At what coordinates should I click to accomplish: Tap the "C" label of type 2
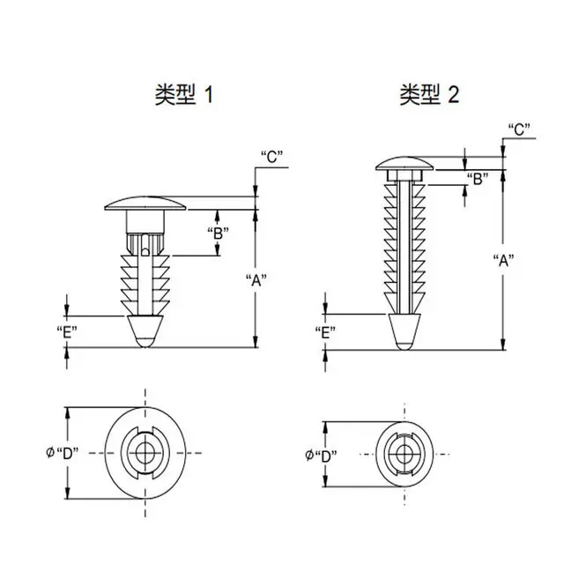click(519, 129)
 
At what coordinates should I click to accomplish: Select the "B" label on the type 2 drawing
click(478, 180)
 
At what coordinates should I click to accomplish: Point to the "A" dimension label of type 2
click(502, 260)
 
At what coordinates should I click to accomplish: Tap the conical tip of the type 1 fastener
click(145, 331)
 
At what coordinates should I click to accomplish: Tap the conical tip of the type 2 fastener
click(403, 330)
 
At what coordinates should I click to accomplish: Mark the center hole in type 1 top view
click(145, 452)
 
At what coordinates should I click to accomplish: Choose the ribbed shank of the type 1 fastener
click(145, 277)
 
